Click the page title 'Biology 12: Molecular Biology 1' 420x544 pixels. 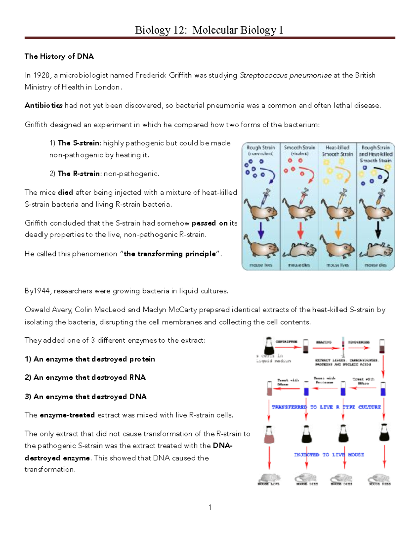209,30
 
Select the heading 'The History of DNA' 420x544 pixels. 59,56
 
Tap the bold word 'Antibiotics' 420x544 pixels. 44,105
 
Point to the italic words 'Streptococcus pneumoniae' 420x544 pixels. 286,75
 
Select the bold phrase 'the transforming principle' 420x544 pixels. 170,254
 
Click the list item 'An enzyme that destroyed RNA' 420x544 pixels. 85,377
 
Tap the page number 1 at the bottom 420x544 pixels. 210,507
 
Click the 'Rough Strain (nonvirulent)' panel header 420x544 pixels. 261,150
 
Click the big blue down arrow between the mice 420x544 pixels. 261,231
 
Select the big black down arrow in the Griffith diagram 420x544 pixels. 378,231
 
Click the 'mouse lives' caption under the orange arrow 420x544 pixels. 337,265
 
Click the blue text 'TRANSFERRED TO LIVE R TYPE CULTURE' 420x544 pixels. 326,407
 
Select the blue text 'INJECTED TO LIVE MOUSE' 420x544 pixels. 329,455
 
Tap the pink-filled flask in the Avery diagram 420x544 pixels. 269,435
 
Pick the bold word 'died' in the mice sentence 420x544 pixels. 65,192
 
